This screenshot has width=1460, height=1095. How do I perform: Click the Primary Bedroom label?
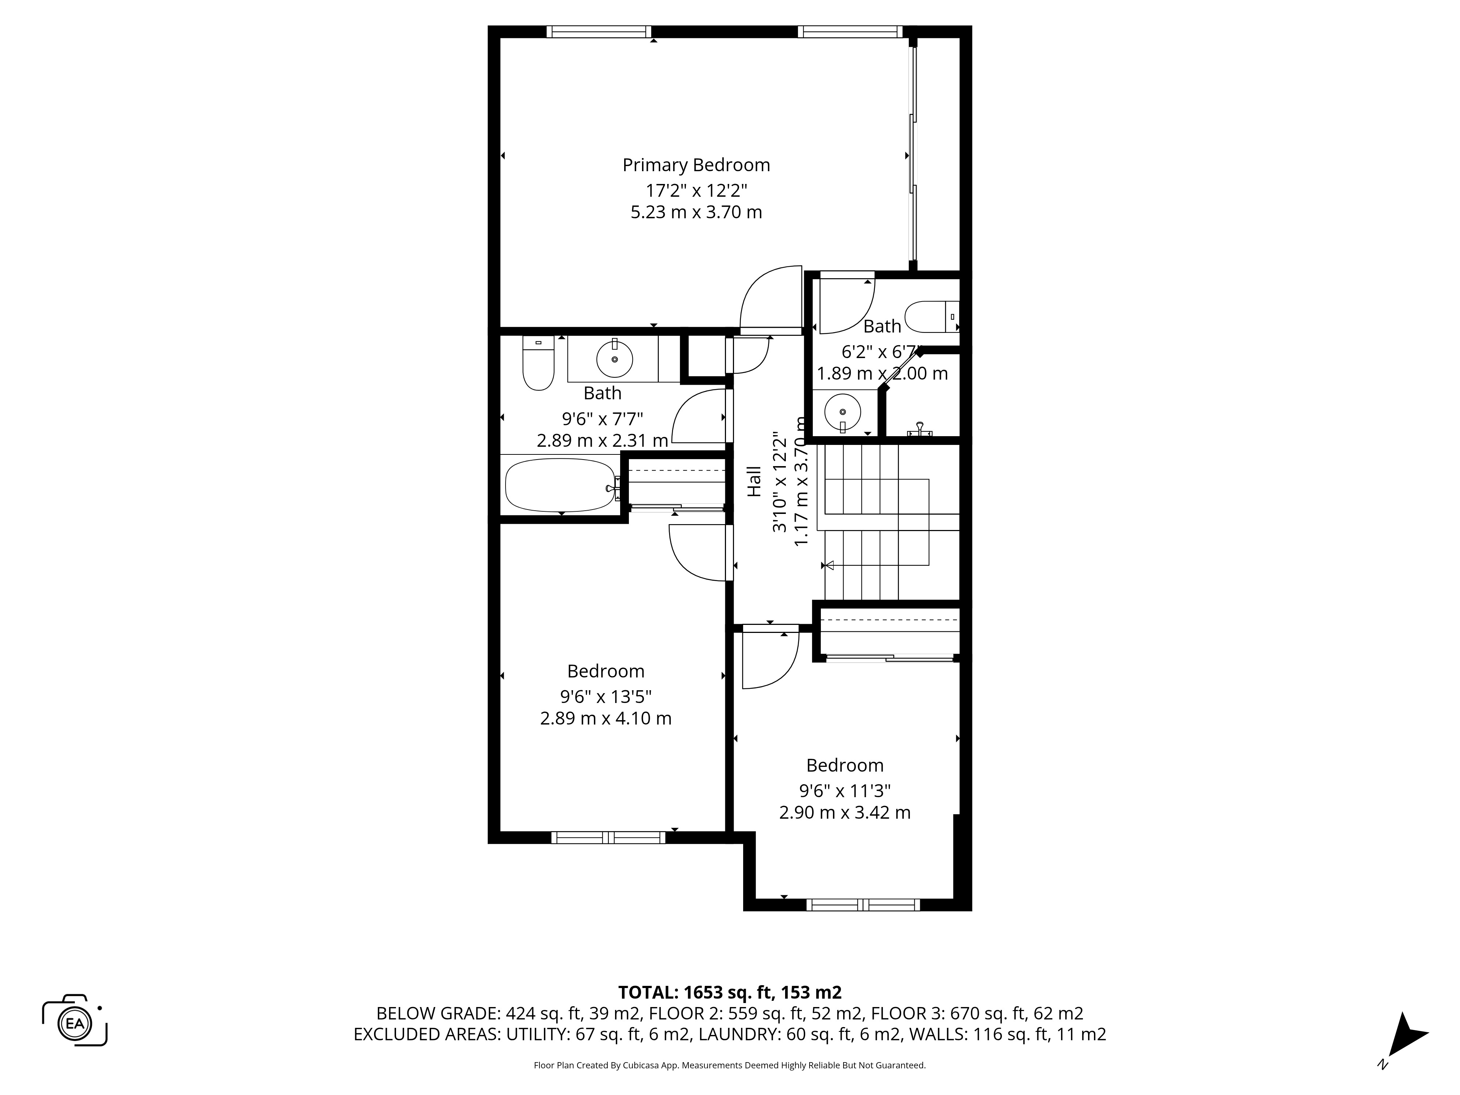click(696, 165)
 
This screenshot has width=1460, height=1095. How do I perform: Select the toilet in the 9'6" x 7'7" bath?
click(538, 363)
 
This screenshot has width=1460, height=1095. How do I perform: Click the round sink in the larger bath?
click(615, 359)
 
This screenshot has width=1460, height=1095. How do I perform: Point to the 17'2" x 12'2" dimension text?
click(696, 191)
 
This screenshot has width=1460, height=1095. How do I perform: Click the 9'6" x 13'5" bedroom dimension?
click(606, 696)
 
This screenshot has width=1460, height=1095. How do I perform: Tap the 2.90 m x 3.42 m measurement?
click(845, 812)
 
